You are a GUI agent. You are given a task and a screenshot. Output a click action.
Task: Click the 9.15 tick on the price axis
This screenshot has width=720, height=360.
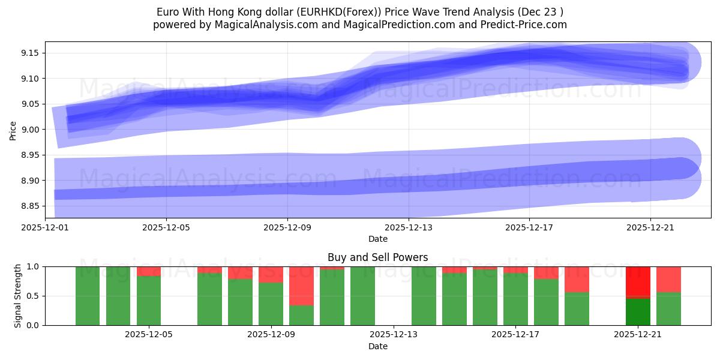click(30, 53)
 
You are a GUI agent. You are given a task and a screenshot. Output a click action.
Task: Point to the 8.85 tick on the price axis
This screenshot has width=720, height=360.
click(30, 206)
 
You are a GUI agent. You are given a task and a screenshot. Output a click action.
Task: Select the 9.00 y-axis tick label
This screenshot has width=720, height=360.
click(30, 130)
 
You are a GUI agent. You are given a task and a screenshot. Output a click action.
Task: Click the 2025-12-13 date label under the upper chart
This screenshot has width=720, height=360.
click(408, 227)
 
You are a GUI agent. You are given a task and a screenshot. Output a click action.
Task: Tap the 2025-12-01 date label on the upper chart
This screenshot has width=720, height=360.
click(45, 227)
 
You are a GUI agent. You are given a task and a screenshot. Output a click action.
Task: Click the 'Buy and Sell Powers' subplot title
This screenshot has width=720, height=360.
click(377, 257)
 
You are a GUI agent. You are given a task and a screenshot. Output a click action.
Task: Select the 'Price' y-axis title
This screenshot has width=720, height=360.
click(13, 130)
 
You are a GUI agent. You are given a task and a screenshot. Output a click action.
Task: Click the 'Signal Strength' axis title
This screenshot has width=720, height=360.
click(19, 296)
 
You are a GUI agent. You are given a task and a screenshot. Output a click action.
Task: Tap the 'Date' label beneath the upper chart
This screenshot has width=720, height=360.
click(377, 239)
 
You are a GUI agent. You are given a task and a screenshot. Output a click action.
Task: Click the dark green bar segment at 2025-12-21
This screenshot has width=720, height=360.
click(637, 312)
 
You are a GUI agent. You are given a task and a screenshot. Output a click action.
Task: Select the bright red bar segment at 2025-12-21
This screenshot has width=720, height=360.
click(637, 281)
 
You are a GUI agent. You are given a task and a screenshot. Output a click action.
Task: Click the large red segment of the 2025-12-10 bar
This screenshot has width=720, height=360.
click(301, 286)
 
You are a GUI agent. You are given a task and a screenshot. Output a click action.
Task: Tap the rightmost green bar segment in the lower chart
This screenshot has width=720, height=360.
click(668, 309)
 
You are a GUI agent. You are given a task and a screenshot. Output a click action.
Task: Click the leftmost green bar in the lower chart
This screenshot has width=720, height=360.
click(88, 296)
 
